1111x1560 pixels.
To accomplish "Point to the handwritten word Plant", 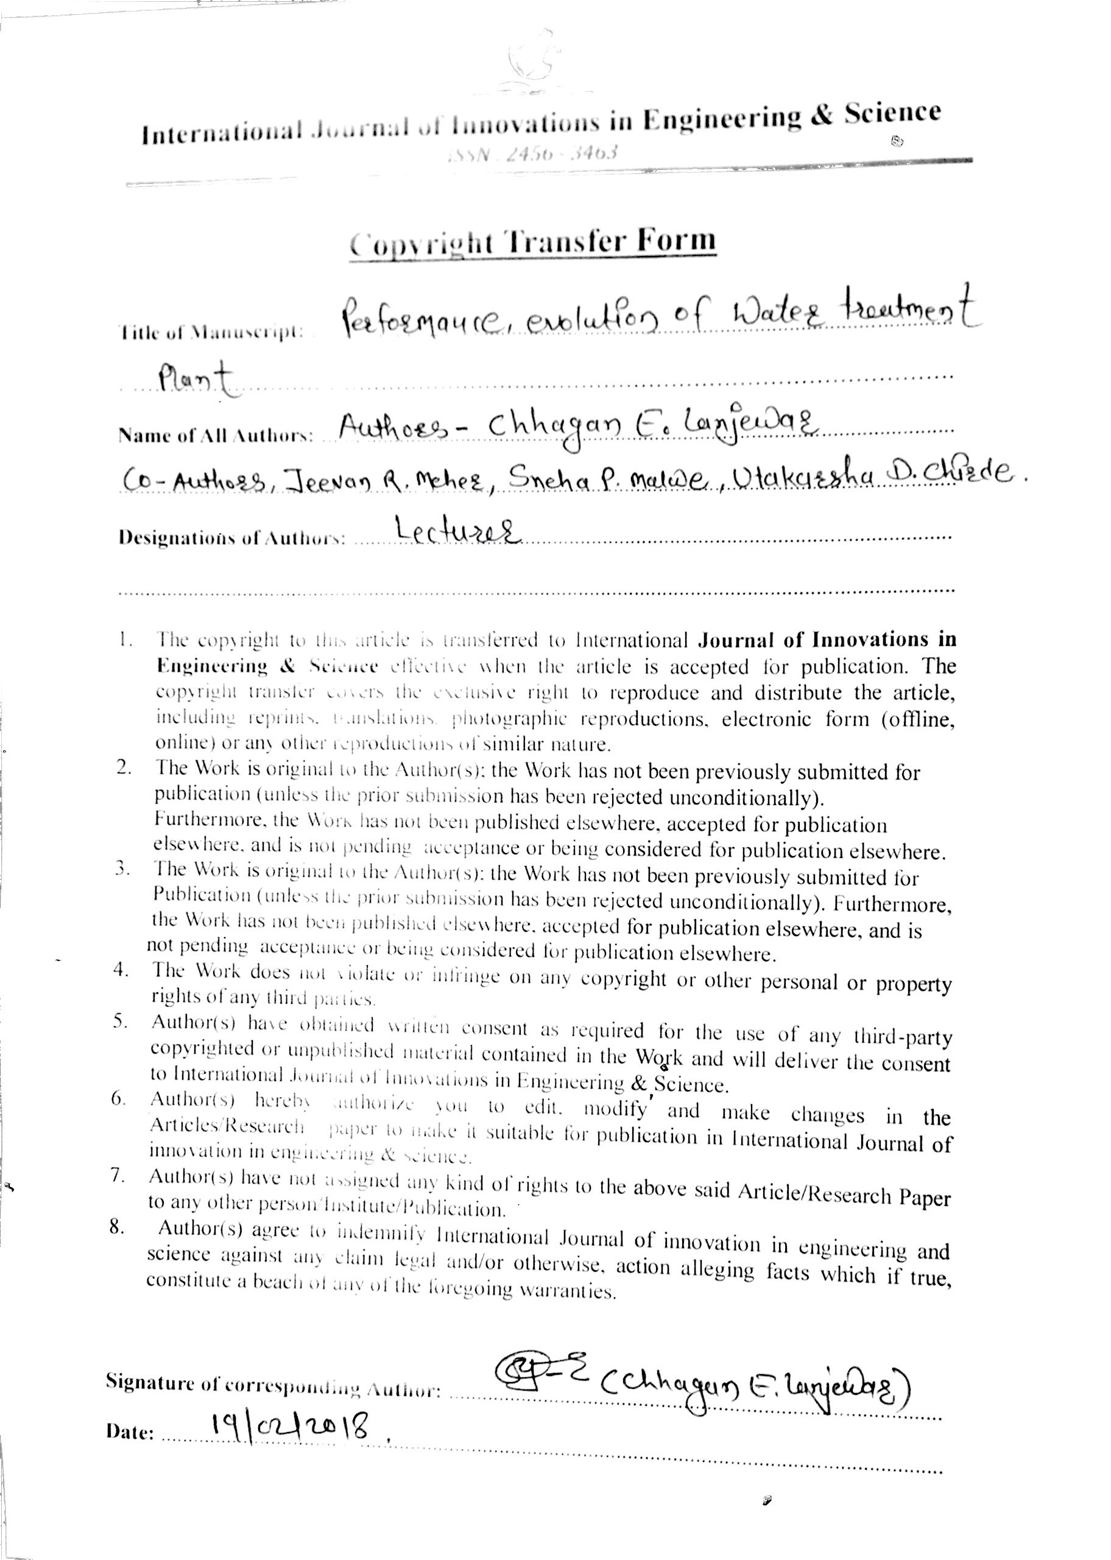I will pyautogui.click(x=195, y=381).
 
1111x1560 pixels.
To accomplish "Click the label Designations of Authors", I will pyautogui.click(x=231, y=538).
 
